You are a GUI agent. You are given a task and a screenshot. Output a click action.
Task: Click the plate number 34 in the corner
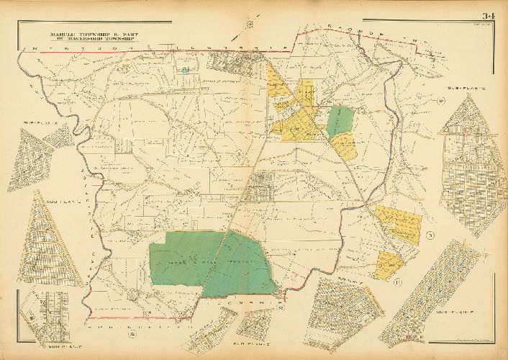(x=489, y=17)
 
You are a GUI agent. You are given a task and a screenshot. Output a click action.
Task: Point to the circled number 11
(x=396, y=281)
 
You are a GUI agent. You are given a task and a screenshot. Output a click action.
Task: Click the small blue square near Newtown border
(x=185, y=70)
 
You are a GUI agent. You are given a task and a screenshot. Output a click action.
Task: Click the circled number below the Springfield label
(x=132, y=333)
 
